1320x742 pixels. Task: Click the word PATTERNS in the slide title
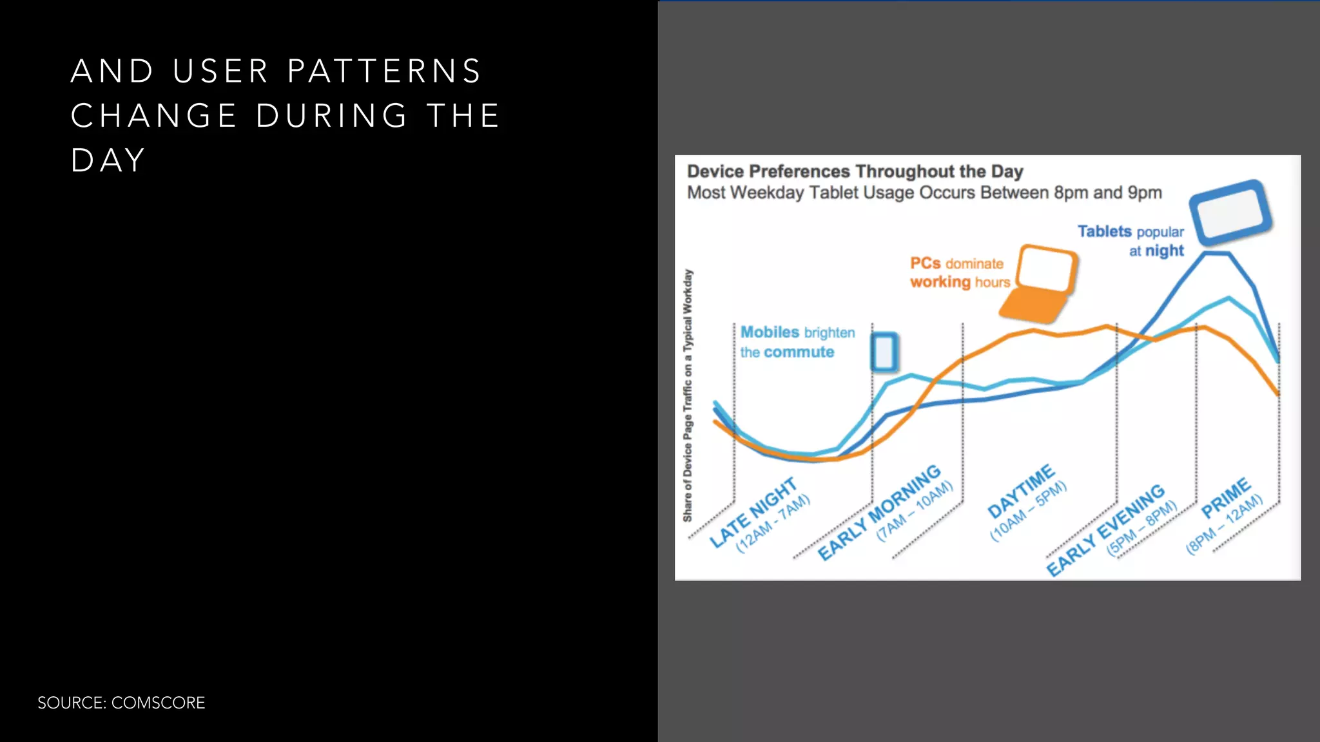pos(385,71)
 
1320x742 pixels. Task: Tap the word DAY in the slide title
pos(108,160)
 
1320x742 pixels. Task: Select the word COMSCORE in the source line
pos(158,703)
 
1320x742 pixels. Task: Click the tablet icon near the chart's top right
pos(1230,212)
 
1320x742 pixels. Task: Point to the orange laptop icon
pos(1039,283)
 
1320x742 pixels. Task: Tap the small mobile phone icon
pos(884,352)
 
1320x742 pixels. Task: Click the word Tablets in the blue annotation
pos(1104,231)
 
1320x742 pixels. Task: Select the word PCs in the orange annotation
pos(925,263)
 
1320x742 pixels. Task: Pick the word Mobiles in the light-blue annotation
pos(770,332)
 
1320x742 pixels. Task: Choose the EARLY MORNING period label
pos(879,512)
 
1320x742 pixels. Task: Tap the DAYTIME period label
pos(1021,491)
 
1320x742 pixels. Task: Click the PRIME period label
pos(1226,498)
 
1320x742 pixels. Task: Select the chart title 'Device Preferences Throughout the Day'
pos(855,172)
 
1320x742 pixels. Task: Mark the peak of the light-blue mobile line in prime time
pos(1228,298)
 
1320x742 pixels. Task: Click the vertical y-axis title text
pos(688,395)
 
